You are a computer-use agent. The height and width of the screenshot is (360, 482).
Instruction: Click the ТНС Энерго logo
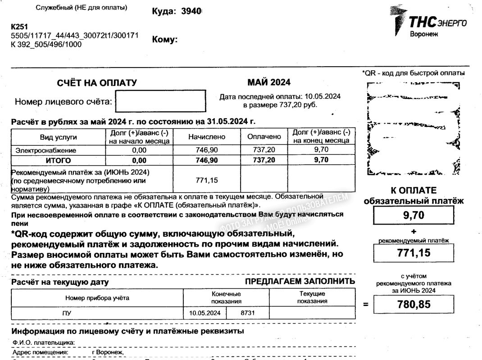click(x=428, y=22)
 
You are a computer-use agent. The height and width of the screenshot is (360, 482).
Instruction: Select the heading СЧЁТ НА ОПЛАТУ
click(x=97, y=83)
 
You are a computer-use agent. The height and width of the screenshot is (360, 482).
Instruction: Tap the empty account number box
click(x=160, y=101)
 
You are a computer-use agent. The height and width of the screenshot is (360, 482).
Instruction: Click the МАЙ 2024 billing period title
click(x=269, y=82)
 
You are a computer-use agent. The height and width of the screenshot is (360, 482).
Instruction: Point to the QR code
click(x=414, y=129)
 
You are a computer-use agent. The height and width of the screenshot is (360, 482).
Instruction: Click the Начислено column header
click(x=207, y=137)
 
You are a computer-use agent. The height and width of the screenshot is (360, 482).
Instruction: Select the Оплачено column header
click(x=264, y=136)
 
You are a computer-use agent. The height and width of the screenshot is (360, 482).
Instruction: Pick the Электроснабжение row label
click(x=46, y=150)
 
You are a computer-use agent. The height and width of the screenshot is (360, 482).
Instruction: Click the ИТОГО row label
click(x=58, y=160)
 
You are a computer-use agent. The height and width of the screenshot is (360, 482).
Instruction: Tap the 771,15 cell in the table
click(x=207, y=180)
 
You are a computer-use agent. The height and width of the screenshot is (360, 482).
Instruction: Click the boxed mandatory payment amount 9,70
click(x=414, y=216)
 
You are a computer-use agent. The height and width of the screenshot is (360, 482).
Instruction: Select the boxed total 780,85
click(x=414, y=304)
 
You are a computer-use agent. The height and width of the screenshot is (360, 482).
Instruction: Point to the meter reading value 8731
click(x=248, y=313)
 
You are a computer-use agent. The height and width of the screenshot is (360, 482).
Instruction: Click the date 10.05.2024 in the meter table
click(x=205, y=313)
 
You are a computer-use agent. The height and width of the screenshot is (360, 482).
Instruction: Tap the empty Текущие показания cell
click(x=312, y=313)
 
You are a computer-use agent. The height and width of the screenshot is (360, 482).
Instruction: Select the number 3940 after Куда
click(x=191, y=12)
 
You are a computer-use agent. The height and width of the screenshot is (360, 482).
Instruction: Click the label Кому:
click(x=165, y=40)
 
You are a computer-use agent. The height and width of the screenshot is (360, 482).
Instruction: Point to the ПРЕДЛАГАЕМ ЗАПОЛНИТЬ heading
click(x=300, y=282)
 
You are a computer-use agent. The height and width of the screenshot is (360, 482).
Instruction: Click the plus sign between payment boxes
click(x=414, y=231)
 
